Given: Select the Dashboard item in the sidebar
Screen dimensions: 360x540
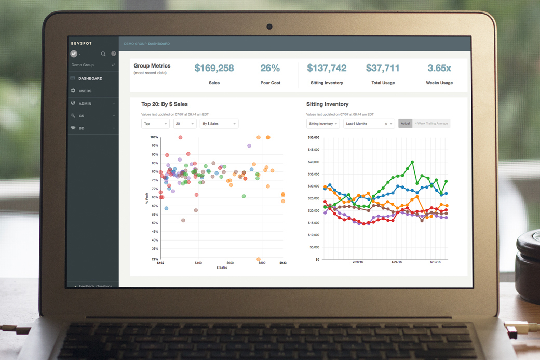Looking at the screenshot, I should [90, 78].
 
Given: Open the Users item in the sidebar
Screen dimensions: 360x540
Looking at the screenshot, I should [85, 91].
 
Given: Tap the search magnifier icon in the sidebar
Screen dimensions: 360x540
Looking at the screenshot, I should [103, 54].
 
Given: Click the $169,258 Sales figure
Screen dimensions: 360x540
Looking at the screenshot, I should [214, 68].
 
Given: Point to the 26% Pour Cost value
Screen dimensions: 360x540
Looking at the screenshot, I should [270, 68].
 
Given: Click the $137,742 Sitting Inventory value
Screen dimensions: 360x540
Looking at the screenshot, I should [327, 68].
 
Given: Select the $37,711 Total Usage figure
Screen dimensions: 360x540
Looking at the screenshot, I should [383, 68].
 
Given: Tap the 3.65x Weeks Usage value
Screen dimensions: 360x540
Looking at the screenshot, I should [439, 68].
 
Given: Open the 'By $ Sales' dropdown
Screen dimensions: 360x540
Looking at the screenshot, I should [219, 124].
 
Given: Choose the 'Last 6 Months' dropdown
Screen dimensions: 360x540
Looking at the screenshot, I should [369, 124].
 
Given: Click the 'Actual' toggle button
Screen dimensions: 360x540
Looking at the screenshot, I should [405, 124].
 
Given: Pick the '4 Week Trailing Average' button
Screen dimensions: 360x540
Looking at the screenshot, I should [431, 124].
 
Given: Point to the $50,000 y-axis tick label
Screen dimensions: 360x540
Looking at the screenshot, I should [313, 137].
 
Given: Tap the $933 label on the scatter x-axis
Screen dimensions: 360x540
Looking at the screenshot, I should [282, 263].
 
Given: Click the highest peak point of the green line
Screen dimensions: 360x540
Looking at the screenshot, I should [412, 162].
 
